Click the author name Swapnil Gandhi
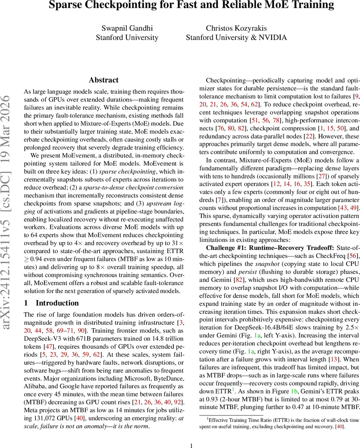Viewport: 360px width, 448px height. [127, 28]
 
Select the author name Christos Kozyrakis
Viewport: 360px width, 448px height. [236, 28]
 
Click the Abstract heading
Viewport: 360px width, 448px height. [104, 80]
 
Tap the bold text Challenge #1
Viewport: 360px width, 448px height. [227, 248]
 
